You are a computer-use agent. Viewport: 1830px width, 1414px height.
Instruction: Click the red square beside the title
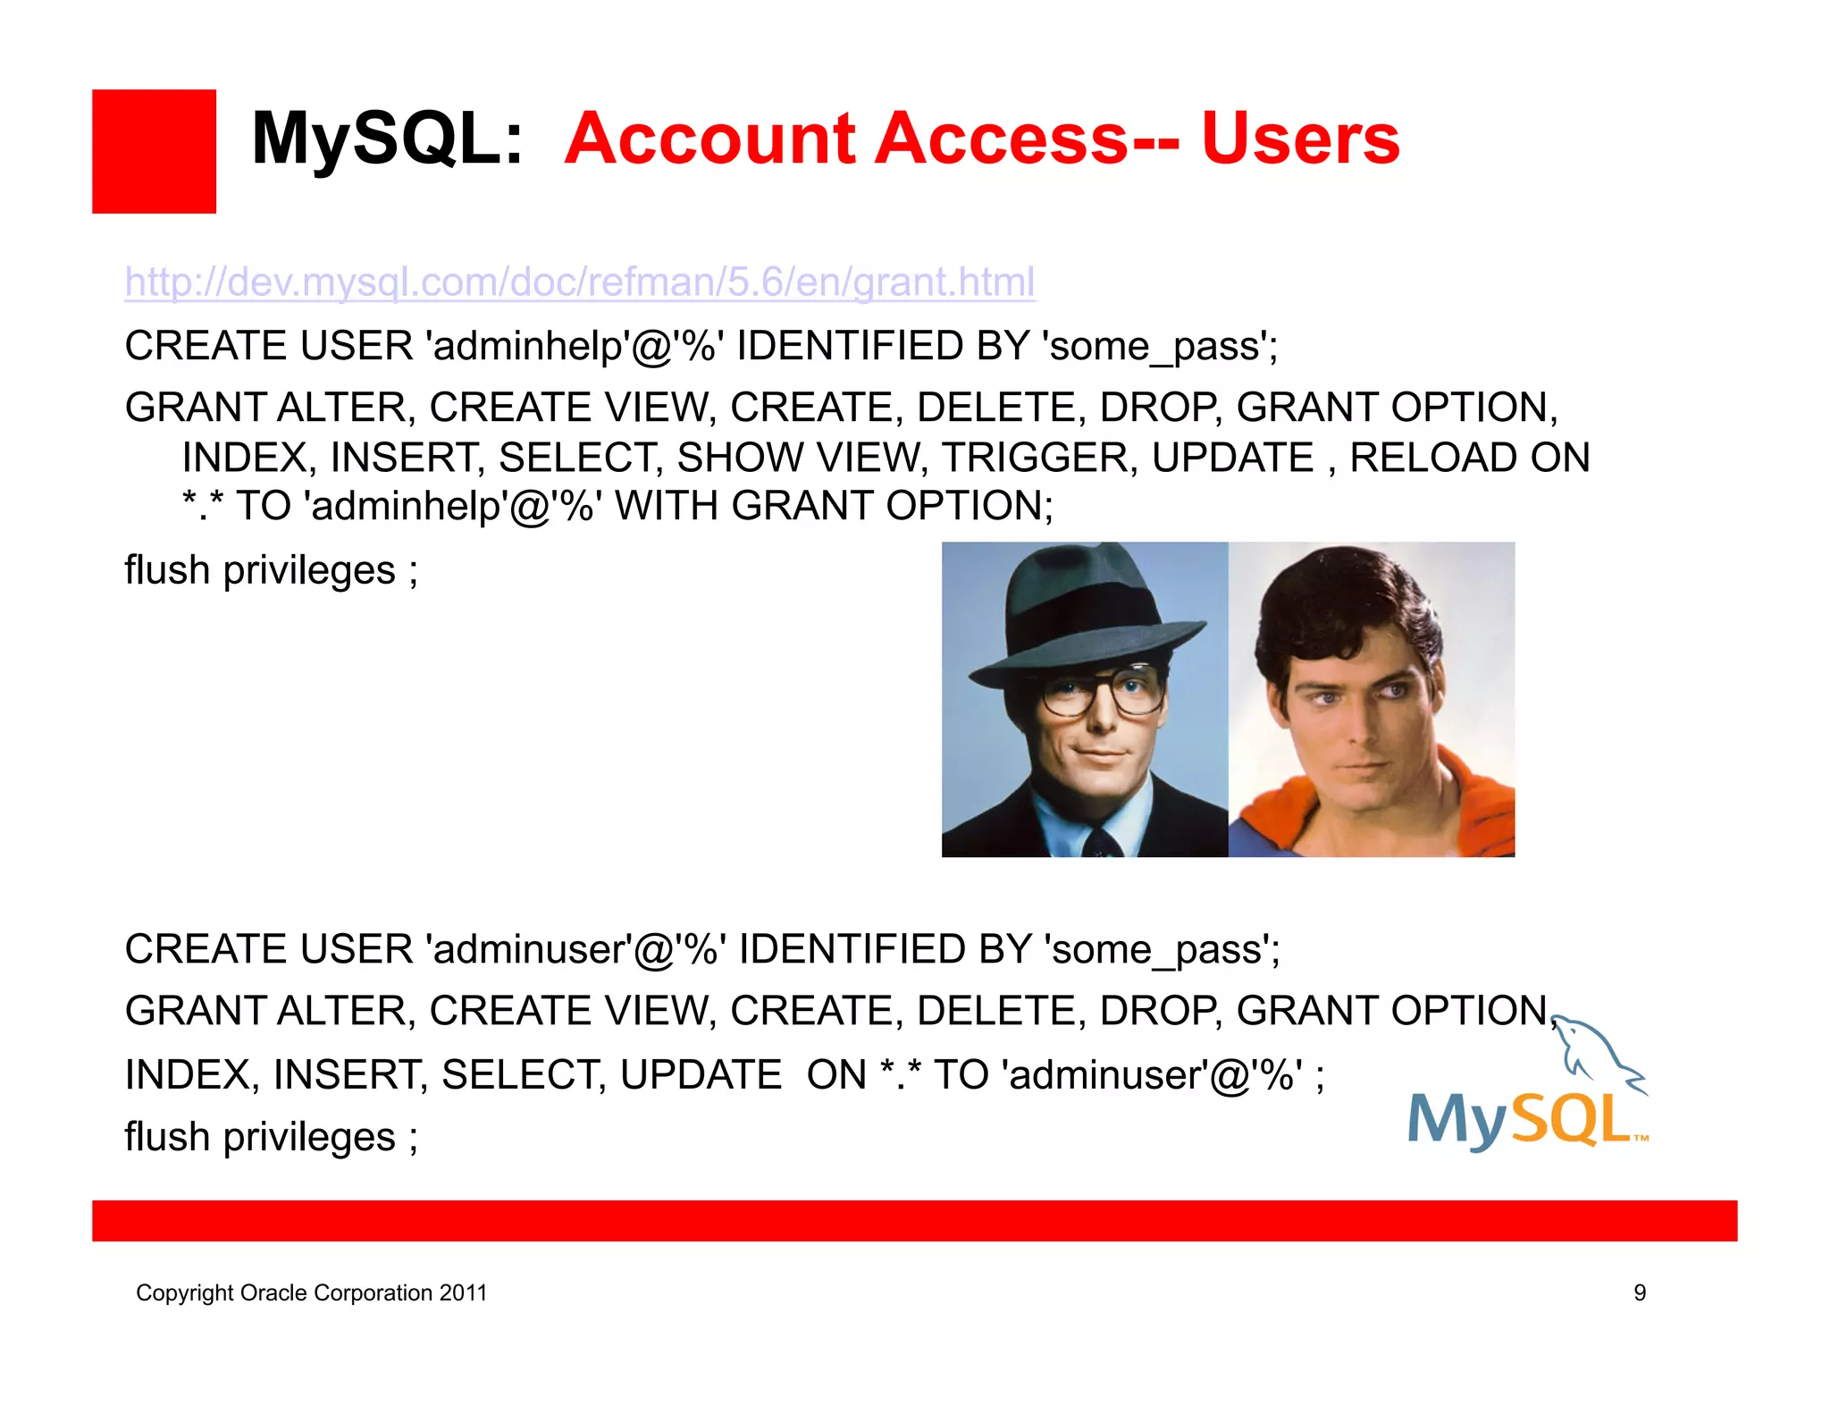[x=154, y=151]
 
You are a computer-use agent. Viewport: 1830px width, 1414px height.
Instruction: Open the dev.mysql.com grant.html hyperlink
[x=580, y=282]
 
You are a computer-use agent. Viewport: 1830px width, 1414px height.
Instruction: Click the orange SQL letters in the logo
[x=1573, y=1119]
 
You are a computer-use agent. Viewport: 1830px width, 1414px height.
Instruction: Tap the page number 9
[x=1639, y=1292]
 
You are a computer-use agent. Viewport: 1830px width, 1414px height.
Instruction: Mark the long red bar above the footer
[x=914, y=1220]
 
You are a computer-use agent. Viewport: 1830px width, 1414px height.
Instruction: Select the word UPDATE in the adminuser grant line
[x=701, y=1074]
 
